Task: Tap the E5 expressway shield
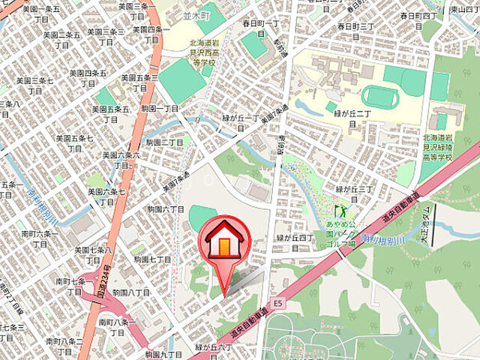279,303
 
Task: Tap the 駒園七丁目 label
153,259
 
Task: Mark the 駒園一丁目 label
160,108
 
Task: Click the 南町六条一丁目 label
52,238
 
